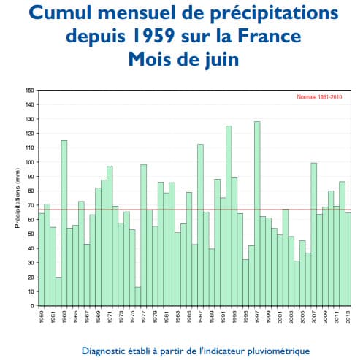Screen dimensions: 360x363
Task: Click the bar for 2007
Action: point(313,234)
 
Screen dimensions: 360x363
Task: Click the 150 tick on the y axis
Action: point(30,91)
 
